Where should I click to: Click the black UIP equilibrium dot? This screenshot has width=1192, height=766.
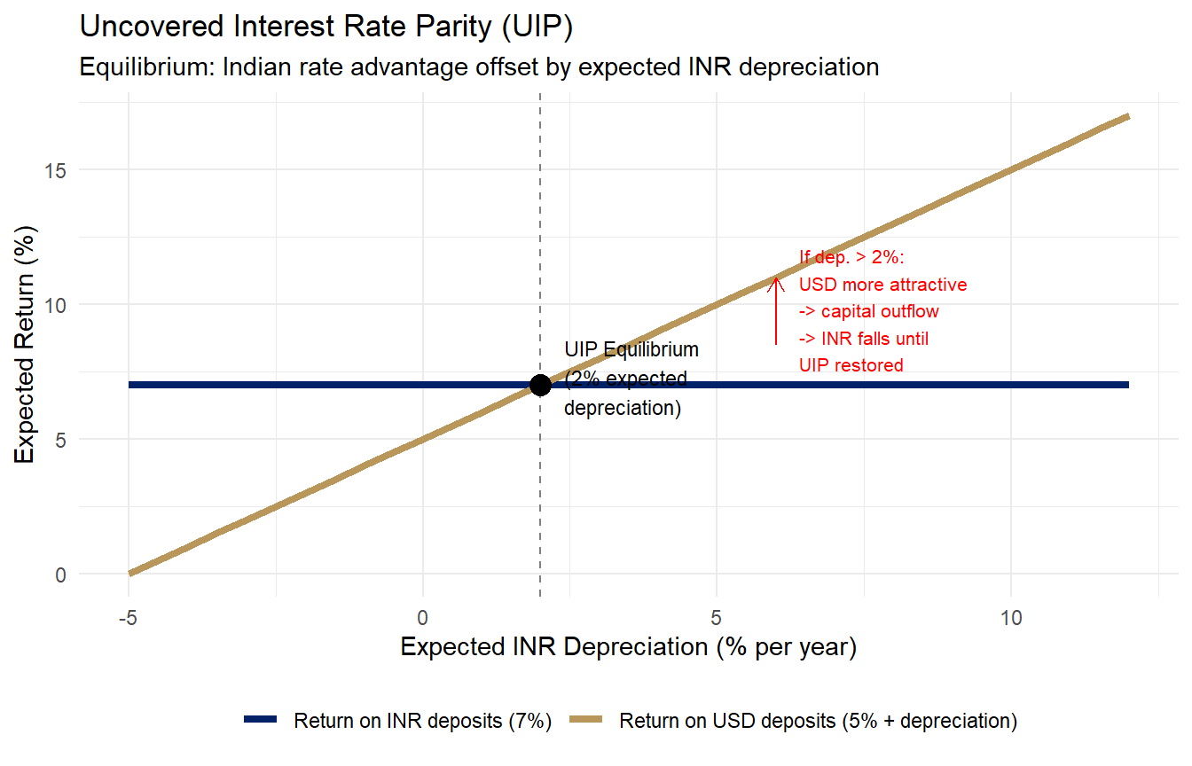point(540,385)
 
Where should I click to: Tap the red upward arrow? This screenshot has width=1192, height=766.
point(776,311)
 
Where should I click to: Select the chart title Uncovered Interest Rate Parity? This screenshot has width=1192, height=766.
point(326,26)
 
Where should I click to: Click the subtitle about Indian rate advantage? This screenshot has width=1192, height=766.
point(479,67)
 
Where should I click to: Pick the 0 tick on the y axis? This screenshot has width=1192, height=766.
point(61,575)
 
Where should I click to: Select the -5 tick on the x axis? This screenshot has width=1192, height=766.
point(129,618)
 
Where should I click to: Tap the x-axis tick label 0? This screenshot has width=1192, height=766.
point(422,618)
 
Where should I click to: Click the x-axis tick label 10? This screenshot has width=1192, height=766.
point(1011,618)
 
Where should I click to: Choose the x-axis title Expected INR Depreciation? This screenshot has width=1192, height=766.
point(629,647)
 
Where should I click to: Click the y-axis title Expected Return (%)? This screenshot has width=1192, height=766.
point(25,344)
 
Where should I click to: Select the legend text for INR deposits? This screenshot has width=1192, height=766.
point(422,721)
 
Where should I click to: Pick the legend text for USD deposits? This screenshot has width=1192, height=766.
point(819,721)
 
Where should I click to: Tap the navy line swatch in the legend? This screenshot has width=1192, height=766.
point(260,719)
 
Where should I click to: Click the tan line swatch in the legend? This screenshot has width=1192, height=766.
point(586,719)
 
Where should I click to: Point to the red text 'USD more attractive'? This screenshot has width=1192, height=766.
point(882,285)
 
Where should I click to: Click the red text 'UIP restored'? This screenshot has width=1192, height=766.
point(851,365)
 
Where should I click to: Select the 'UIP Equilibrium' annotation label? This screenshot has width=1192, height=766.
point(631,349)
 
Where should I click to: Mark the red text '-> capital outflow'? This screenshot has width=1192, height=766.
point(869,311)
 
